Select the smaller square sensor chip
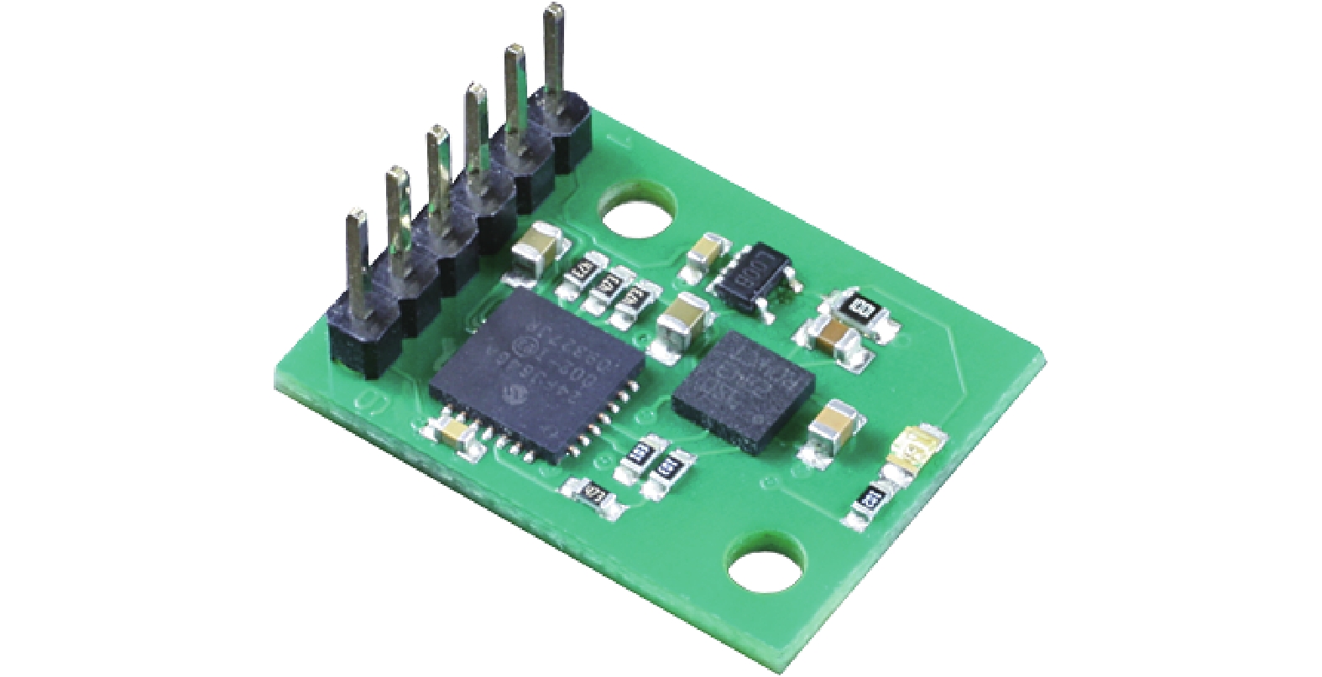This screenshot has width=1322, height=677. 744,383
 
